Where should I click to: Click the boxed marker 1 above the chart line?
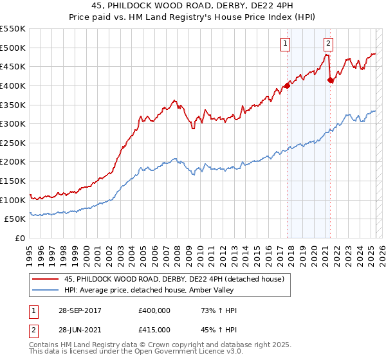point(284,44)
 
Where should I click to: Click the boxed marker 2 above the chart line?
point(328,44)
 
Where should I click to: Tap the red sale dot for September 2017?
point(287,85)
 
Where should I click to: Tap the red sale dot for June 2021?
point(330,80)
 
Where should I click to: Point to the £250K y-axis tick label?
point(13,143)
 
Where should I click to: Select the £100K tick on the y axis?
point(13,200)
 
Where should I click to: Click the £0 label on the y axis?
point(20,238)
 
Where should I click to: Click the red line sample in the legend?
point(46,278)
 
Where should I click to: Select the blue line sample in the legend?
point(46,290)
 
